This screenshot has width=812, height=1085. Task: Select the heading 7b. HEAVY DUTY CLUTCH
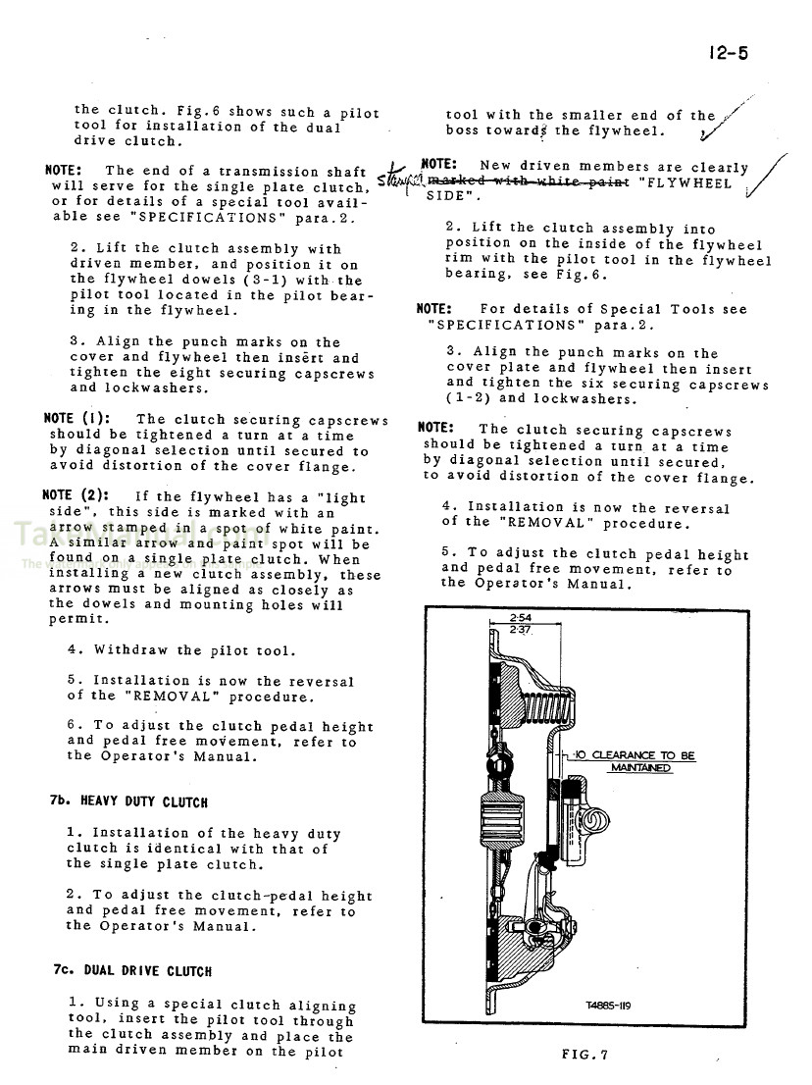[127, 801]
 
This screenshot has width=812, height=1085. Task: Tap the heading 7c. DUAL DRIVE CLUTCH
[132, 971]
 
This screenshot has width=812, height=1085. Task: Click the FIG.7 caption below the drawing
[585, 1055]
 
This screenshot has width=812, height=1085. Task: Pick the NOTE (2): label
[82, 495]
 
